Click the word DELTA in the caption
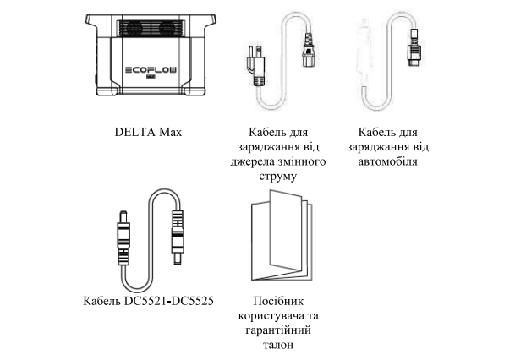pyautogui.click(x=133, y=134)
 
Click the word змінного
pyautogui.click(x=296, y=161)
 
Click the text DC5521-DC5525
pyautogui.click(x=170, y=301)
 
